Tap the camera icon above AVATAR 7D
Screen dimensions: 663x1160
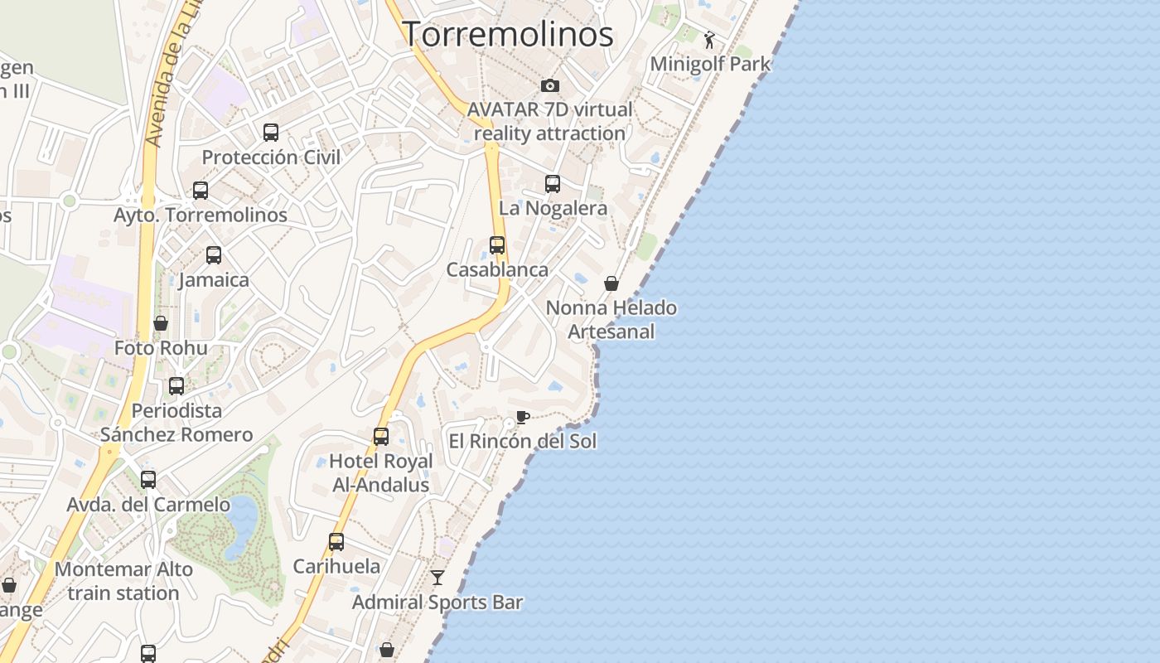549,85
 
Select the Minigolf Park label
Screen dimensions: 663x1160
710,64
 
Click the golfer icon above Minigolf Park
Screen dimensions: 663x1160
709,40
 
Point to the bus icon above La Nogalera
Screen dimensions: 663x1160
553,184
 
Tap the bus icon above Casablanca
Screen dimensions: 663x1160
497,245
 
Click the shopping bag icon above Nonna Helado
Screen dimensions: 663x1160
611,283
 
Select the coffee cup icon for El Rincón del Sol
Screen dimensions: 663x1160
522,417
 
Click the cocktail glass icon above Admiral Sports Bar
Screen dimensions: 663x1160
437,578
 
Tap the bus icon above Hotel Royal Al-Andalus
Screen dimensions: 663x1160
381,436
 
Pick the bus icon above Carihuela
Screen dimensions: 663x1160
336,542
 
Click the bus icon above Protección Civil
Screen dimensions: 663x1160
271,133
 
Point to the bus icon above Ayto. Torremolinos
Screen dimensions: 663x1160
201,191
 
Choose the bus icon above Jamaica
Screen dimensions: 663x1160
214,255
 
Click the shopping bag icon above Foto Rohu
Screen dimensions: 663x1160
161,323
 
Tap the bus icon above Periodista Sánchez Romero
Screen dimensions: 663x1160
176,386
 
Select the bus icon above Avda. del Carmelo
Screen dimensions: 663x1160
148,480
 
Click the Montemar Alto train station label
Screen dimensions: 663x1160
123,581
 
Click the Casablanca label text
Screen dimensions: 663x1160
497,270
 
